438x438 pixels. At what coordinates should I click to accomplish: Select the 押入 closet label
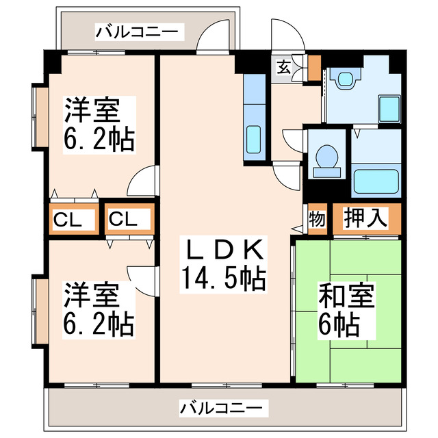(365, 219)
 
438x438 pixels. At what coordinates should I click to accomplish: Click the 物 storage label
(316, 220)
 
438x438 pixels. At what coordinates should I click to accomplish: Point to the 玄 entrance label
(283, 67)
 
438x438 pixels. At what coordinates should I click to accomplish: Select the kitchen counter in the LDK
(253, 116)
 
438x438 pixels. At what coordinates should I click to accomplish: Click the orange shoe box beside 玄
(313, 67)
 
